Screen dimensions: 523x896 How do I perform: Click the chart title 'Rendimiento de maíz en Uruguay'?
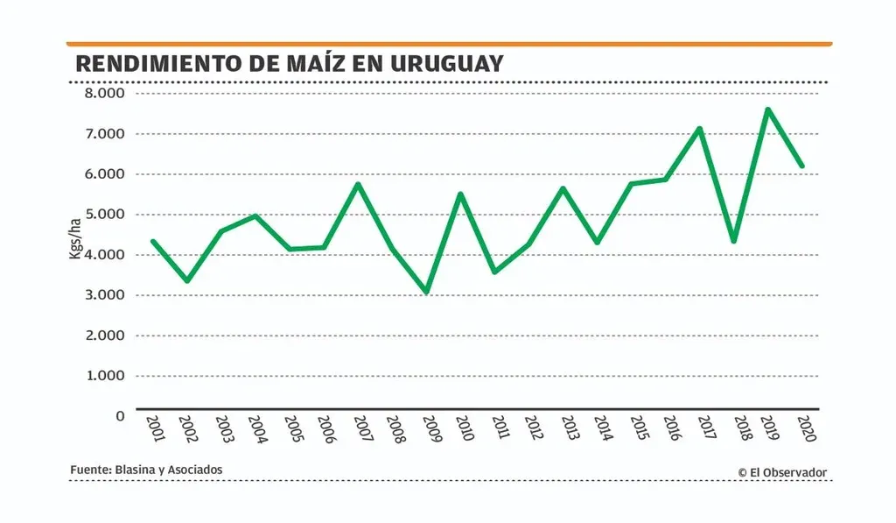pyautogui.click(x=290, y=63)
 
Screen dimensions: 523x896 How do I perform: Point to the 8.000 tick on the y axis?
pyautogui.click(x=104, y=94)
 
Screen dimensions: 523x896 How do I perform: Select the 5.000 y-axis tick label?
pyautogui.click(x=104, y=215)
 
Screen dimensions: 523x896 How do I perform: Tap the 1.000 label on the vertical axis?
pyautogui.click(x=104, y=376)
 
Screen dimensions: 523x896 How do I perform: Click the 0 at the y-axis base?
pyautogui.click(x=120, y=415)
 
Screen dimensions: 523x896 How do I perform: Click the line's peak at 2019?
pyautogui.click(x=767, y=110)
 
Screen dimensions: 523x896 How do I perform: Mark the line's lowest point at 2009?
pyautogui.click(x=427, y=292)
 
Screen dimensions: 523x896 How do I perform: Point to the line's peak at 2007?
pyautogui.click(x=358, y=184)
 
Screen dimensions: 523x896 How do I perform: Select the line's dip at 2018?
pyautogui.click(x=733, y=241)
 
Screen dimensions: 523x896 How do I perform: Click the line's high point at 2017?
pyautogui.click(x=699, y=129)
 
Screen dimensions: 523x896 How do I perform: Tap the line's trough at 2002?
pyautogui.click(x=186, y=280)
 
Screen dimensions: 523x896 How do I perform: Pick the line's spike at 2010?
pyautogui.click(x=460, y=194)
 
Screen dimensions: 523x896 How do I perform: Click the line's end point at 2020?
pyautogui.click(x=801, y=166)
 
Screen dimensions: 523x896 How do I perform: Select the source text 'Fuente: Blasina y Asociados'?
pyautogui.click(x=146, y=470)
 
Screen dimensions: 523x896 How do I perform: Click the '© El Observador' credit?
pyautogui.click(x=781, y=472)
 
